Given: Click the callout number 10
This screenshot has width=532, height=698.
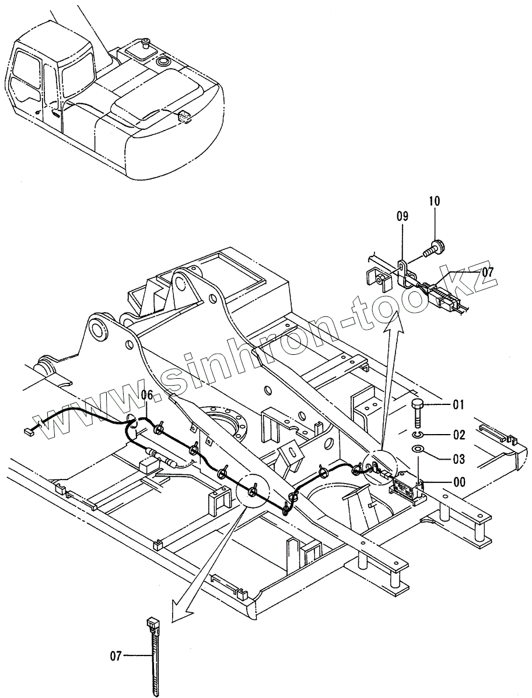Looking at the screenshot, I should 434,201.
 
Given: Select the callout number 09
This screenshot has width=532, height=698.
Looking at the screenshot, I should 402,216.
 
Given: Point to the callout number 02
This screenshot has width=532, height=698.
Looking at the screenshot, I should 459,435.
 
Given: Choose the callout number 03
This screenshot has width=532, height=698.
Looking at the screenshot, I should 459,460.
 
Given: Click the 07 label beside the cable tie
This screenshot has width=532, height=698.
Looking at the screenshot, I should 116,656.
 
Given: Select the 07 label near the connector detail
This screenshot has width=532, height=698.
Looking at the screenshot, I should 487,272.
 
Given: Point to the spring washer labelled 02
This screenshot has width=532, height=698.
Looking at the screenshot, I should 416,435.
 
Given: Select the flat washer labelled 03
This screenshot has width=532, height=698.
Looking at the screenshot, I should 418,449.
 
